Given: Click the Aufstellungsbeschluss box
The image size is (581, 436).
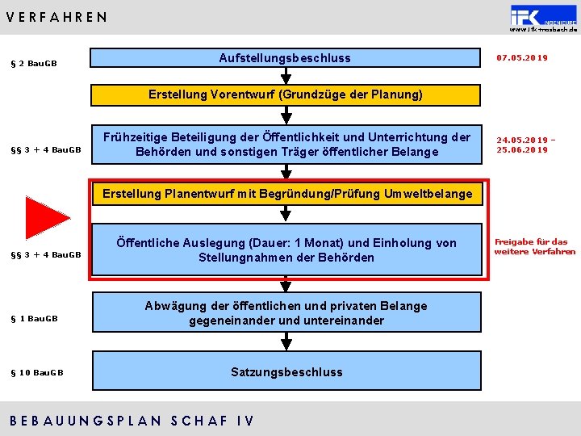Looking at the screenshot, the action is [285, 58].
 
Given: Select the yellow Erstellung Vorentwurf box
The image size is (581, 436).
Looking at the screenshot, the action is [285, 94].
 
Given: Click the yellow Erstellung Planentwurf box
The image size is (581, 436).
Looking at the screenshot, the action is [286, 194].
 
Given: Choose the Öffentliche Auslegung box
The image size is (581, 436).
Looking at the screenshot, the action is [286, 250].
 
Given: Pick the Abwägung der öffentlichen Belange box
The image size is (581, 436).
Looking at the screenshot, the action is [286, 313].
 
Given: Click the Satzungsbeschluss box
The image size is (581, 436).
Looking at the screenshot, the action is [286, 372].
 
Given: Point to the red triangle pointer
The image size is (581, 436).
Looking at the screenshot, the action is [46, 217].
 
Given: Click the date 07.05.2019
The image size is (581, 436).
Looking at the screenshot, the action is [522, 58].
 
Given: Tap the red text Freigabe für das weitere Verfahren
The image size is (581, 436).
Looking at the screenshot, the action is [535, 246].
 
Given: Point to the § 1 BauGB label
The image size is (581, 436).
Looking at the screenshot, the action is [34, 318].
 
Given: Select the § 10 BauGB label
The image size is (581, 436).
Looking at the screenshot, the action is [36, 372].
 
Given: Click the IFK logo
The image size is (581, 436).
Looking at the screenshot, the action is [542, 16].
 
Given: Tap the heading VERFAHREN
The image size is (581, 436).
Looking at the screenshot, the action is [56, 17].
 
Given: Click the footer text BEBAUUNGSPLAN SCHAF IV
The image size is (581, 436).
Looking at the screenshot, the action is [131, 421].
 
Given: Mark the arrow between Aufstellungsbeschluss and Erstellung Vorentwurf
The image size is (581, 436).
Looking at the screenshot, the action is [285, 75].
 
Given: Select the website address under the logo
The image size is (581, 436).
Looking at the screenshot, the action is [543, 30].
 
